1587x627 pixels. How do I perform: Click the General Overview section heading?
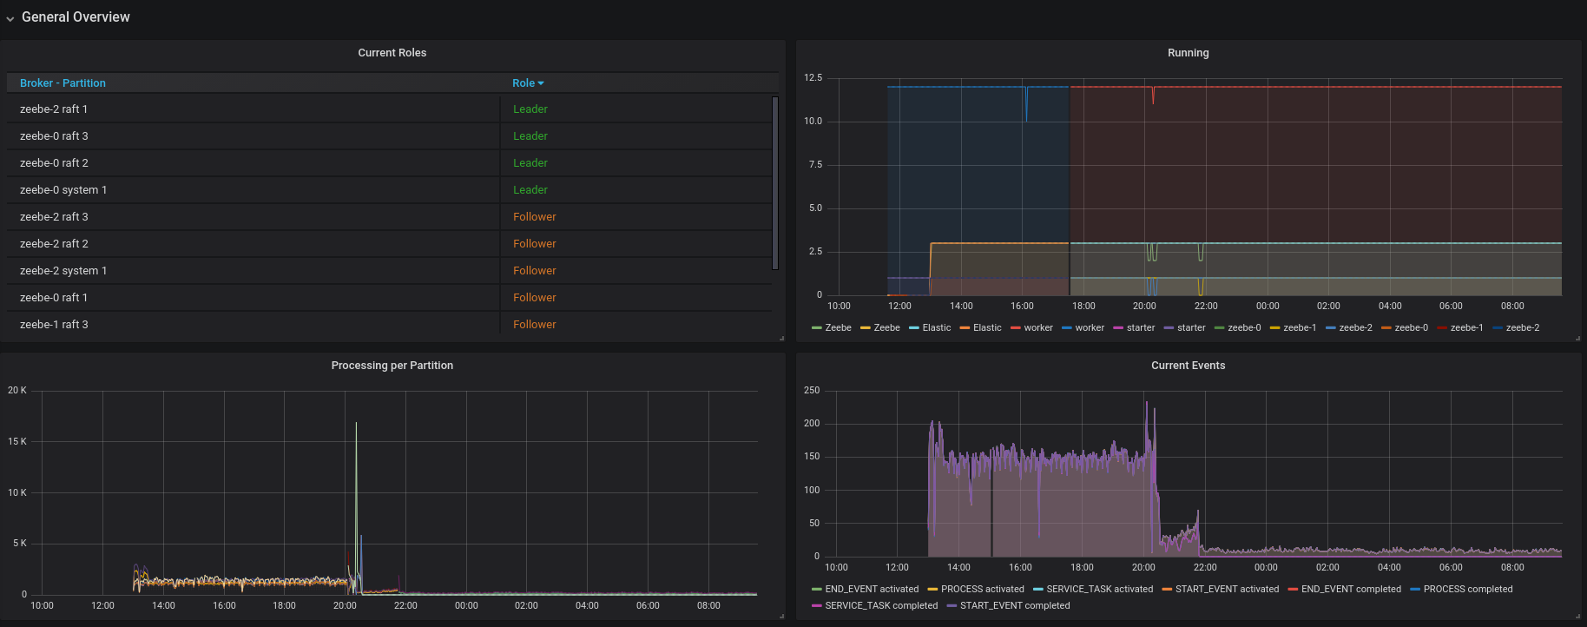[76, 16]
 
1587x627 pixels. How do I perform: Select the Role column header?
[524, 83]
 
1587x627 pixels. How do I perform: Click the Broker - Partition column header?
[63, 83]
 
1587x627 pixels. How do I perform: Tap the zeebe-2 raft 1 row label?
[54, 109]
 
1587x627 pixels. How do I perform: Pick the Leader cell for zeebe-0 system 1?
[530, 190]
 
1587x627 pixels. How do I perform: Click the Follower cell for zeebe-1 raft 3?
[534, 325]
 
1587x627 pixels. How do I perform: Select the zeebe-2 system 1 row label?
[63, 271]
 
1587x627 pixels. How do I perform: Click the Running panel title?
[1188, 53]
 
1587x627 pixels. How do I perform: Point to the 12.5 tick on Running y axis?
[813, 78]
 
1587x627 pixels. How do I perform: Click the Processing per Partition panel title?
[392, 366]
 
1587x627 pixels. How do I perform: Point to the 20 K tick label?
[17, 391]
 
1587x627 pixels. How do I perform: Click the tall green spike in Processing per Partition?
[356, 452]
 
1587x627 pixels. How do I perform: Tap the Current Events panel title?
[1188, 366]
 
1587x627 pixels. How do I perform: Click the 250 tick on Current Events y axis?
[812, 391]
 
